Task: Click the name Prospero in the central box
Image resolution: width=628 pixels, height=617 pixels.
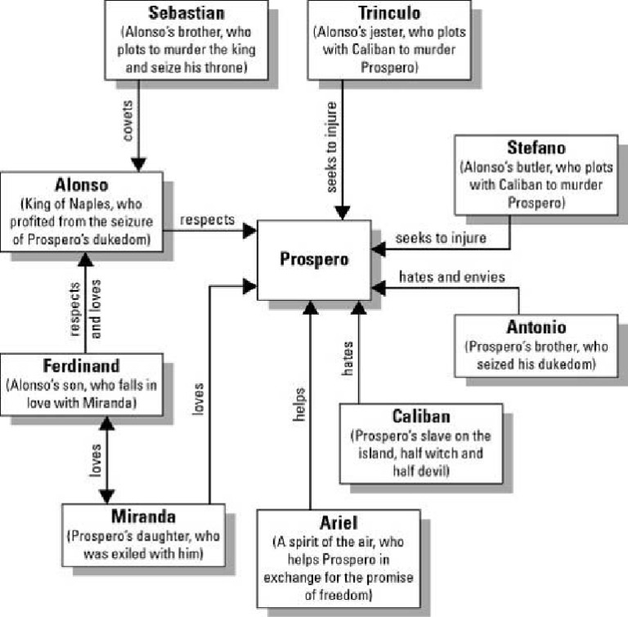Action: pyautogui.click(x=314, y=260)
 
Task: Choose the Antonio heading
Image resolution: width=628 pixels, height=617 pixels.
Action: pyautogui.click(x=536, y=327)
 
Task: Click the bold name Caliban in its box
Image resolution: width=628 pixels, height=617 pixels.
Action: pyautogui.click(x=421, y=417)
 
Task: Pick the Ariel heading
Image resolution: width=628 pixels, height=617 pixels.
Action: pyautogui.click(x=338, y=523)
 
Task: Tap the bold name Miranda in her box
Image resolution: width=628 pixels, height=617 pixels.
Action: pyautogui.click(x=143, y=516)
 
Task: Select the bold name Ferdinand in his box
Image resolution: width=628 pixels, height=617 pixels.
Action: pyautogui.click(x=81, y=366)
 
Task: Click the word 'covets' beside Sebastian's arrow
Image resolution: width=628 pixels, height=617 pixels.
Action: pyautogui.click(x=128, y=123)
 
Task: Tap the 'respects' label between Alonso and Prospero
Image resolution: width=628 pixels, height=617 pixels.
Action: pyautogui.click(x=208, y=220)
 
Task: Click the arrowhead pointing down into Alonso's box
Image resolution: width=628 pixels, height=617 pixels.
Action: pyautogui.click(x=139, y=164)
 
